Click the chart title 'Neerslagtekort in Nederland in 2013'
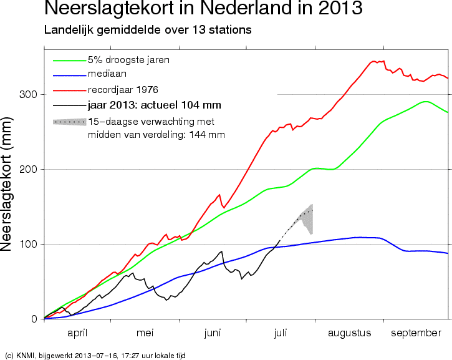pyautogui.click(x=203, y=7)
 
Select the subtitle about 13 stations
pyautogui.click(x=148, y=30)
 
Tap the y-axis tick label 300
pyautogui.click(x=28, y=94)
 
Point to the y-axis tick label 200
pyautogui.click(x=28, y=169)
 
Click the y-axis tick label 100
pyautogui.click(x=28, y=244)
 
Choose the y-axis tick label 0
pyautogui.click(x=34, y=319)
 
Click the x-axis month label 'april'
pyautogui.click(x=77, y=333)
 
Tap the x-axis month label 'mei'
pyautogui.click(x=145, y=333)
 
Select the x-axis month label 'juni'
pyautogui.click(x=213, y=333)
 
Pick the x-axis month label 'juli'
pyautogui.click(x=280, y=333)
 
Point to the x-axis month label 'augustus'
pyautogui.click(x=349, y=333)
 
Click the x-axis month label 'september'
pyautogui.click(x=416, y=333)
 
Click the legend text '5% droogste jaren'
pyautogui.click(x=128, y=60)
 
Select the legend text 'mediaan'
pyautogui.click(x=107, y=74)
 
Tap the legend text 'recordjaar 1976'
pyautogui.click(x=123, y=90)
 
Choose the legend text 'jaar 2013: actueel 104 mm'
pyautogui.click(x=155, y=105)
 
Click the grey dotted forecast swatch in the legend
pyautogui.click(x=70, y=122)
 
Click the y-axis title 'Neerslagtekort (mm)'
pyautogui.click(x=6, y=185)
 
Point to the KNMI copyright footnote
pyautogui.click(x=95, y=356)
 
